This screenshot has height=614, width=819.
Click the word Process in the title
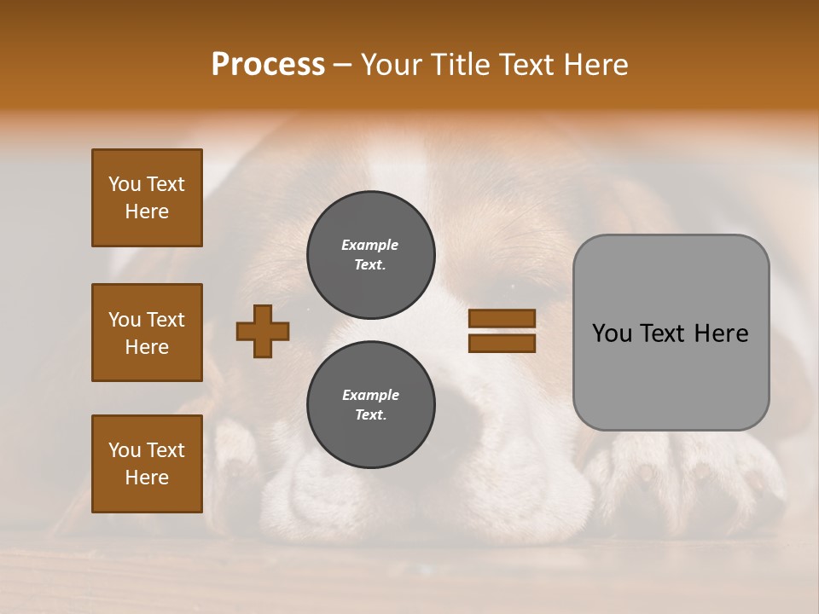click(x=268, y=64)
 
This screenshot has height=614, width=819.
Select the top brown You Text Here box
click(x=147, y=198)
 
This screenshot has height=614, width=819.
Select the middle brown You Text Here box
click(x=147, y=333)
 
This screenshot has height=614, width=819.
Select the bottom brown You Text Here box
click(x=147, y=463)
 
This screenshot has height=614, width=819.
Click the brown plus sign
click(x=263, y=331)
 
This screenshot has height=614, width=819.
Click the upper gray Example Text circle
click(x=370, y=255)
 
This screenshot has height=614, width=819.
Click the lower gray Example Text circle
click(x=370, y=404)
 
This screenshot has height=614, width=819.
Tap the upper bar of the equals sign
click(x=502, y=318)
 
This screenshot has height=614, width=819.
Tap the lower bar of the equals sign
click(x=502, y=343)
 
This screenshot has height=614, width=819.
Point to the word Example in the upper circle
click(x=370, y=245)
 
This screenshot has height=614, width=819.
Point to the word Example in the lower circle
click(x=370, y=395)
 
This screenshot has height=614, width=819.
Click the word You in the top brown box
click(x=124, y=184)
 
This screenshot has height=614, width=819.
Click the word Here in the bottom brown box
click(x=147, y=478)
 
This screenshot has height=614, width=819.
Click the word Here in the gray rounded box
click(x=722, y=333)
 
